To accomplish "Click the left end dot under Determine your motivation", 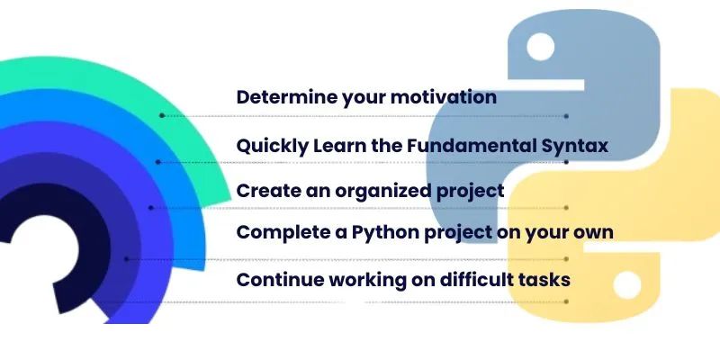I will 161,116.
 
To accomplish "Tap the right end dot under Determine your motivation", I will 566,116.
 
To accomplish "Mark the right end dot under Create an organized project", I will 566,208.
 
